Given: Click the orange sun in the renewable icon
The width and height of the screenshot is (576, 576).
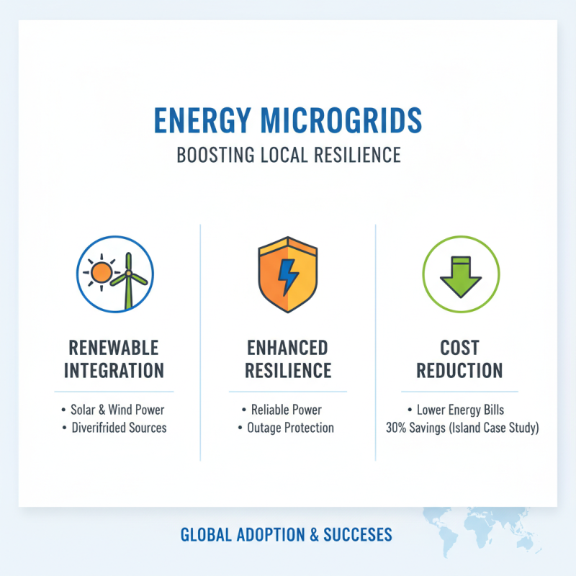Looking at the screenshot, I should (100, 272).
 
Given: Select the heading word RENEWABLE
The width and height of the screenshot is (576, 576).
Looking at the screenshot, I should (114, 348).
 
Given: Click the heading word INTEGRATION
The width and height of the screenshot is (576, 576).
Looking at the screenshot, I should (114, 372).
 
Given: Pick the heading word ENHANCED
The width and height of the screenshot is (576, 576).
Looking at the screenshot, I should (287, 348).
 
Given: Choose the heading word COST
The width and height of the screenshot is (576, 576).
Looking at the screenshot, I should (459, 348).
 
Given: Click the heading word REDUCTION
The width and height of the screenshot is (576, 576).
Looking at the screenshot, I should (459, 372).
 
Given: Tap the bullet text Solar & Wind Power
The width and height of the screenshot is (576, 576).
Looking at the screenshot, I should (117, 410).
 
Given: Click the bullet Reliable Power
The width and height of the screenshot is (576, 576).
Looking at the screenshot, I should (286, 410).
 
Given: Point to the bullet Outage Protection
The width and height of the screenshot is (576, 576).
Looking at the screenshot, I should (290, 428).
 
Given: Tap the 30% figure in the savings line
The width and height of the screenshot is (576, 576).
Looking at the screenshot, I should (397, 428).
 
